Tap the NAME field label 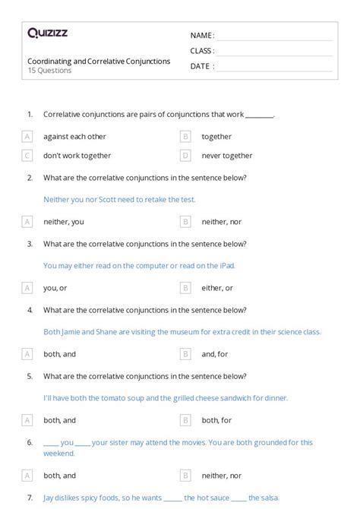pyautogui.click(x=201, y=35)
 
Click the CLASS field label pyautogui.click(x=201, y=50)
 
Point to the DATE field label pyautogui.click(x=201, y=66)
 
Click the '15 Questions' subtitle pyautogui.click(x=49, y=71)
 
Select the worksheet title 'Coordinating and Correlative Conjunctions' pyautogui.click(x=99, y=61)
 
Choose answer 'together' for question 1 pyautogui.click(x=216, y=137)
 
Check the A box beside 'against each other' pyautogui.click(x=27, y=137)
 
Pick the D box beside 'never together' pyautogui.click(x=185, y=156)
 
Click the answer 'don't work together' pyautogui.click(x=77, y=156)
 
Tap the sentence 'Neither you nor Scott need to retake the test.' pyautogui.click(x=119, y=199)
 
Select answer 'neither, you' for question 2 pyautogui.click(x=64, y=222)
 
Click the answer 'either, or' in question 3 pyautogui.click(x=217, y=288)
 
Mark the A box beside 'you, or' pyautogui.click(x=27, y=288)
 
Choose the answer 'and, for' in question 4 pyautogui.click(x=216, y=354)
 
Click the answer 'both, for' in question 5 pyautogui.click(x=216, y=419)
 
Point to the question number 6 pyautogui.click(x=30, y=442)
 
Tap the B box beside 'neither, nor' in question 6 pyautogui.click(x=185, y=476)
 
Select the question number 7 pyautogui.click(x=30, y=498)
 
